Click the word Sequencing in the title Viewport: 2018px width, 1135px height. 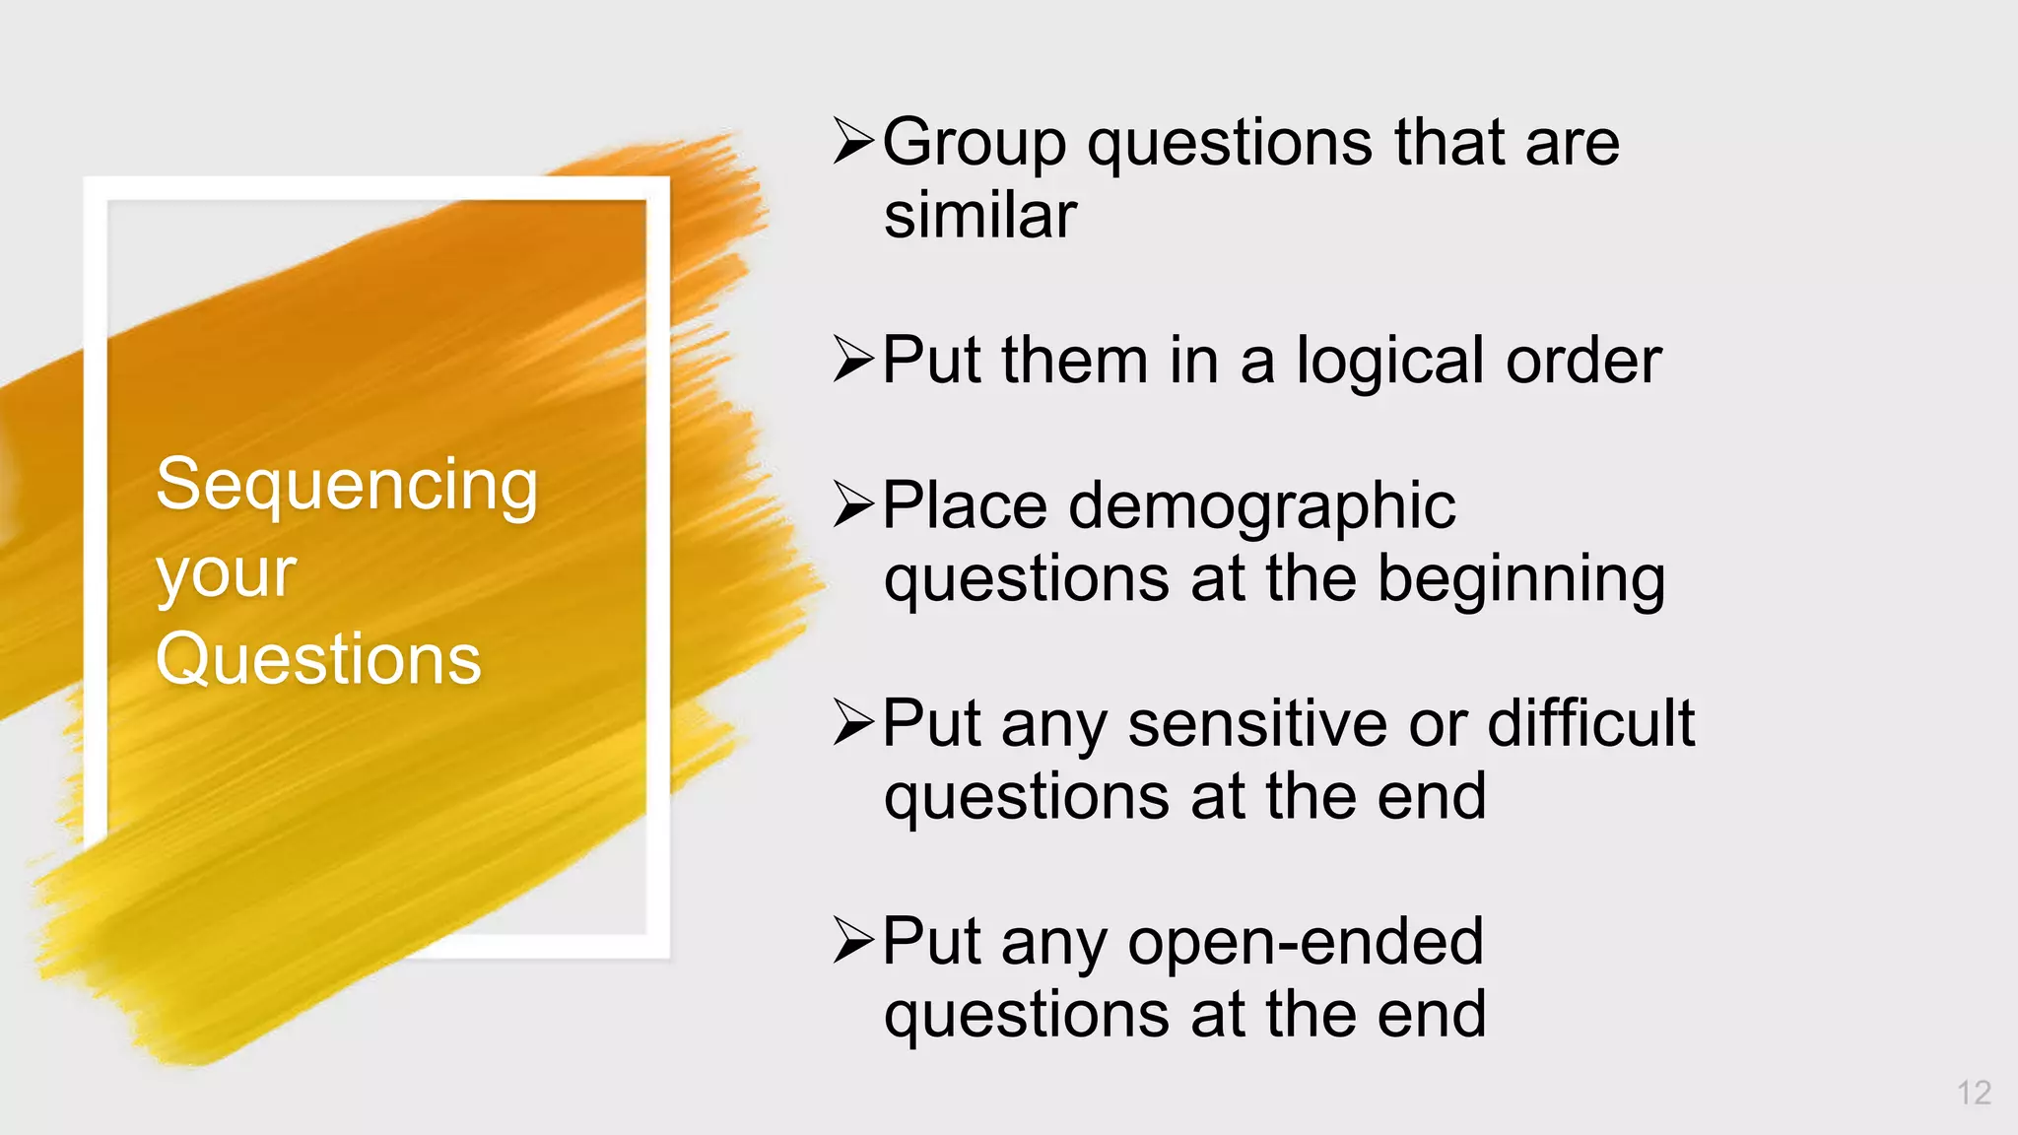[347, 486]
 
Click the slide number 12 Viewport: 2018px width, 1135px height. [1974, 1093]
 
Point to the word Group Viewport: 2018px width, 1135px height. [974, 144]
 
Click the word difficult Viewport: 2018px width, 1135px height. [1590, 724]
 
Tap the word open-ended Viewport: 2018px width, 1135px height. [1306, 942]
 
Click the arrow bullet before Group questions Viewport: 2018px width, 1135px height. [853, 141]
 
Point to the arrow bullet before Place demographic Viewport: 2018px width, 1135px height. [853, 504]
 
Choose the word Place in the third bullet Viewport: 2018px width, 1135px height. [965, 506]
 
